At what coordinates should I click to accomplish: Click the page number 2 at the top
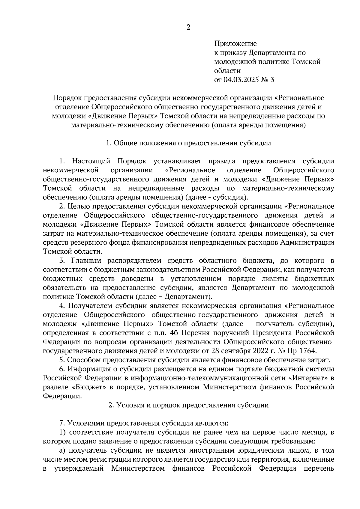(x=188, y=27)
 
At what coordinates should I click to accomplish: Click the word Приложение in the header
(x=235, y=44)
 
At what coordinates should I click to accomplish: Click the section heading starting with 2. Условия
(x=188, y=405)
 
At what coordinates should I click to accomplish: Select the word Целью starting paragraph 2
(x=79, y=206)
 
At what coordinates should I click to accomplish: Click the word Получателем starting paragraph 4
(x=91, y=306)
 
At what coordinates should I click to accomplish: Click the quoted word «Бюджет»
(x=93, y=387)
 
